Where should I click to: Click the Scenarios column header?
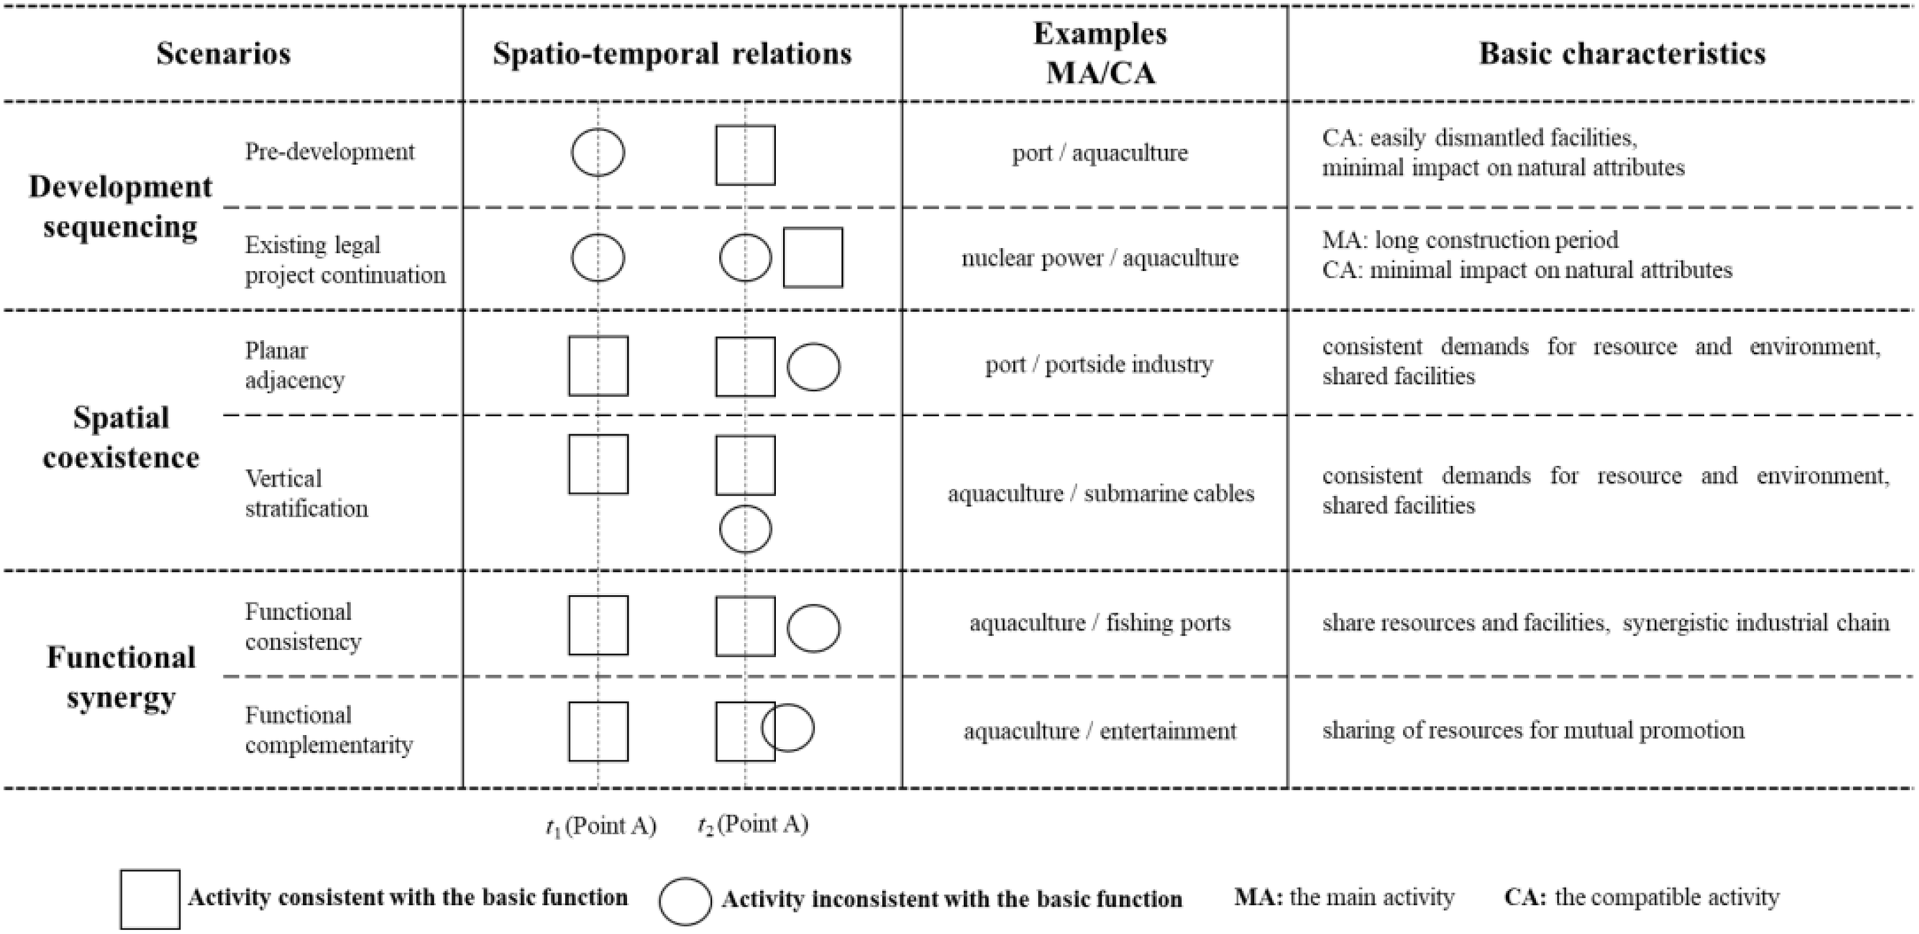(223, 54)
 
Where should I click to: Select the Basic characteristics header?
(1621, 54)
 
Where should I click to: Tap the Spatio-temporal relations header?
(672, 54)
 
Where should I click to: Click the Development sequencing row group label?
(121, 206)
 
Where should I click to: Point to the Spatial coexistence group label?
(121, 437)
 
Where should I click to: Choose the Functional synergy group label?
(121, 677)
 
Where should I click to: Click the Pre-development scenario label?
(329, 152)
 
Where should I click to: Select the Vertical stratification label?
(306, 493)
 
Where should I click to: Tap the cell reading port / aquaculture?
(1099, 153)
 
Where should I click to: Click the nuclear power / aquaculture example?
(1099, 258)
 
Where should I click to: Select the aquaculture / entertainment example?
(1099, 731)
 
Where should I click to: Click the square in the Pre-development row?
(745, 155)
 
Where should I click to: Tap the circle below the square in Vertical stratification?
(745, 529)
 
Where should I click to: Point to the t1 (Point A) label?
(600, 827)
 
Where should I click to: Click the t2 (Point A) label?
(752, 825)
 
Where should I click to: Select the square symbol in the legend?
(150, 899)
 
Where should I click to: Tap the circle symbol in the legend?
(685, 901)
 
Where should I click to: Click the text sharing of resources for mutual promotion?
(1532, 730)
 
